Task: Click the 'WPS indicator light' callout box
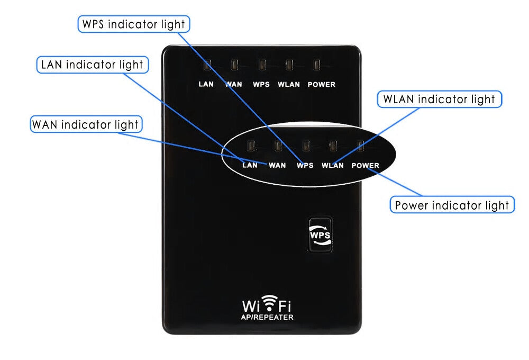point(134,24)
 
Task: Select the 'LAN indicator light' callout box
point(93,65)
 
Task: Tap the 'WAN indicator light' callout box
point(86,124)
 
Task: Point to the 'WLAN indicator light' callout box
point(439,100)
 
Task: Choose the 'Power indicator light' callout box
point(452,205)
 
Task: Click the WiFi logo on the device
point(267,304)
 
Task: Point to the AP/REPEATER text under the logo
point(267,318)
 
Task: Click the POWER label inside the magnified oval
point(366,166)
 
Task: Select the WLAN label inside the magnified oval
point(333,166)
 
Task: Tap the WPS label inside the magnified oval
point(305,166)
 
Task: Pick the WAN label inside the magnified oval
point(277,166)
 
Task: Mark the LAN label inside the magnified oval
point(250,165)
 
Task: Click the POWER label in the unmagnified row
point(322,84)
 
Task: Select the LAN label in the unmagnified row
point(206,84)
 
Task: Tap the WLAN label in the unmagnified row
point(289,84)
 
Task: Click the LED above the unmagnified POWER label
point(317,65)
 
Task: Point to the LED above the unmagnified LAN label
point(207,65)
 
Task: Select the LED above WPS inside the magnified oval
point(306,146)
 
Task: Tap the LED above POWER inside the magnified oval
point(361,146)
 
